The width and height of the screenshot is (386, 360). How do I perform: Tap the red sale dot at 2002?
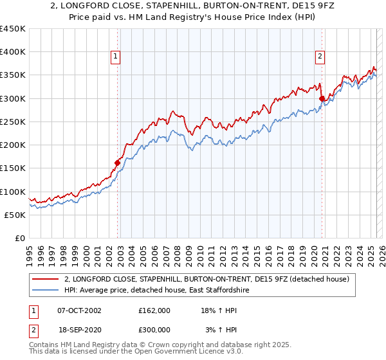point(118,163)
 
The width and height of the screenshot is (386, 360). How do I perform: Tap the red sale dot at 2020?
point(322,98)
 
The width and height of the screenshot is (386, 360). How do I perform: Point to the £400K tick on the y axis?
point(13,52)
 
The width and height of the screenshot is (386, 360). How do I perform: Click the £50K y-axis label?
point(15,215)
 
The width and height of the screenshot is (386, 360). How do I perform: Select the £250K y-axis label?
point(13,122)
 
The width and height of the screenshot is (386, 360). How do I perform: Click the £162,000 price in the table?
point(154,310)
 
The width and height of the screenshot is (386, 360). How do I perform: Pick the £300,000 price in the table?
point(154,330)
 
